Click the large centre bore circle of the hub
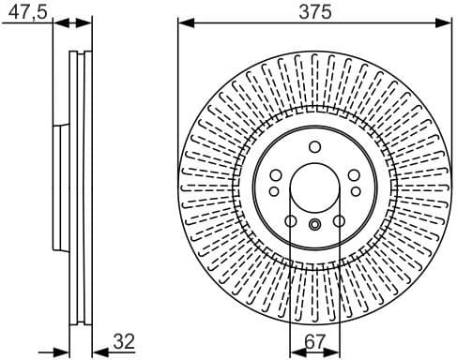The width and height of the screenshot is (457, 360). click(314, 187)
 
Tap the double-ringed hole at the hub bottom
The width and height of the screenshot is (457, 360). click(314, 224)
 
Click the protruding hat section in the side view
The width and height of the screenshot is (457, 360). click(57, 187)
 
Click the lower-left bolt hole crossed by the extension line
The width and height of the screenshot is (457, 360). click(291, 221)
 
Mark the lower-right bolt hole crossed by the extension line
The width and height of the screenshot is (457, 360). click(338, 221)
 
